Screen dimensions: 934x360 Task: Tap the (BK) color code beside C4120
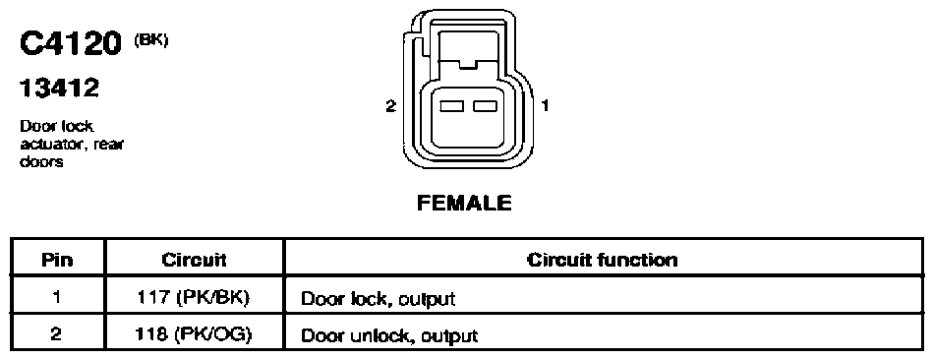[x=151, y=41]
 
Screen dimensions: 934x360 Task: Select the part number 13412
[x=59, y=89]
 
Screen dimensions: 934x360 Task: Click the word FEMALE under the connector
[x=464, y=204]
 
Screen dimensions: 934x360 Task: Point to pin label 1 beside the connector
[x=545, y=106]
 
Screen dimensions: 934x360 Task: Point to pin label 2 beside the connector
[x=390, y=106]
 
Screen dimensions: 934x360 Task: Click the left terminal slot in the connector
[x=451, y=106]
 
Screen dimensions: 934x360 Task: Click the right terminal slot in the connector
[x=485, y=106]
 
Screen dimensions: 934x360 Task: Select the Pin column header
[x=57, y=261]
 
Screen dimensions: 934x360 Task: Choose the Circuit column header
[x=194, y=261]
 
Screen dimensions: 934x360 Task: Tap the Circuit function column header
[x=603, y=261]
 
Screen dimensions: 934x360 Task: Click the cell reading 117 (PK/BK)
[x=194, y=297]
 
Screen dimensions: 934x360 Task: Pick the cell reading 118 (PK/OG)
[x=194, y=334]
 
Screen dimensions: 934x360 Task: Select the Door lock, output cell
[x=378, y=299]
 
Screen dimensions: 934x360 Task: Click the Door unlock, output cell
[x=389, y=335]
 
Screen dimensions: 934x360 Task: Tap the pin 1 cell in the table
[x=57, y=297]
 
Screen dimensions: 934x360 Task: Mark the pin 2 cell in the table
[x=57, y=334]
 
